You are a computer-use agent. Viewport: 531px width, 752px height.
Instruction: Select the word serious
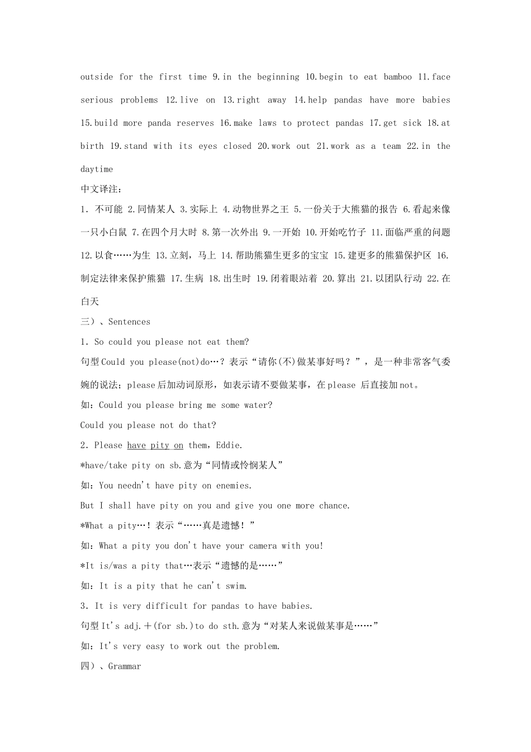[97, 100]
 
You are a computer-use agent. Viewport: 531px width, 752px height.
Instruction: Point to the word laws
[267, 123]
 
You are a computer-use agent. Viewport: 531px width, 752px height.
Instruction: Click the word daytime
[97, 169]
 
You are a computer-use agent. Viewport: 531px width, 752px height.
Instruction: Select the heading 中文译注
[101, 189]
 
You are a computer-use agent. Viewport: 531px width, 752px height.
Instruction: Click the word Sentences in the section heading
[129, 322]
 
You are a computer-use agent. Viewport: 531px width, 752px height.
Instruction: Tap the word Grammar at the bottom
[125, 666]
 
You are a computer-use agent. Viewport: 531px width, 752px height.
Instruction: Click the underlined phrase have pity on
[155, 445]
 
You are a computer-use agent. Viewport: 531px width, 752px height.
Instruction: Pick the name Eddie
[228, 445]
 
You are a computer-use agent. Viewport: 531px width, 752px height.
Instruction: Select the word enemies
[234, 486]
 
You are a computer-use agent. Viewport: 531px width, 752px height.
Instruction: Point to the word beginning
[277, 77]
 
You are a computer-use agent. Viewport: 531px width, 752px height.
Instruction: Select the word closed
[238, 146]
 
